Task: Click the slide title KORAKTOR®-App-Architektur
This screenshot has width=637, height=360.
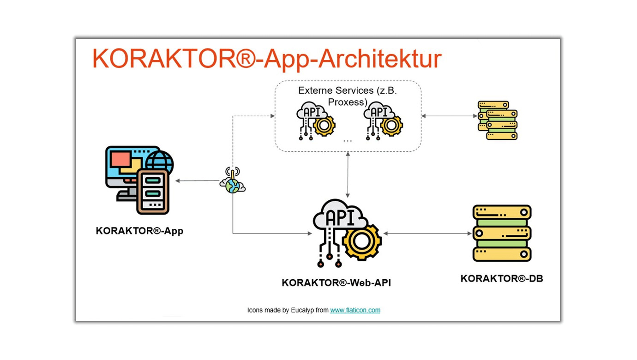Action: pos(267,59)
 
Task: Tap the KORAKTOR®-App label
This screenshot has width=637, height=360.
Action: pos(139,231)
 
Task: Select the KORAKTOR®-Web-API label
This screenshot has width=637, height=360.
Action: pos(336,283)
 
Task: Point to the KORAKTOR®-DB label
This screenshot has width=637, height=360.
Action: pos(501,278)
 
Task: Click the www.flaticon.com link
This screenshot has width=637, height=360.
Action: pos(355,310)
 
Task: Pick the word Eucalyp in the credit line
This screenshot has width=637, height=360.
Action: pos(302,310)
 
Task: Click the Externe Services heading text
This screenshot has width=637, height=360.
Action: pos(347,96)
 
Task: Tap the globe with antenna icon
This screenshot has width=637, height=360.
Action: pos(232,181)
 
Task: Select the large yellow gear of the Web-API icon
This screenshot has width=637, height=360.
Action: pos(362,240)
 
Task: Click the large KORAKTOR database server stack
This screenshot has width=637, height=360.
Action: pos(502,234)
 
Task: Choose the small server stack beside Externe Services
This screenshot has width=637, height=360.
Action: pos(497,120)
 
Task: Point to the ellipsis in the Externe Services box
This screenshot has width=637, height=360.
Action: pos(348,139)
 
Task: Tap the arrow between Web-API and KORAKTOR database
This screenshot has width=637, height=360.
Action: pos(427,234)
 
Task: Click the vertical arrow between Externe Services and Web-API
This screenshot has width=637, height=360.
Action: pos(348,175)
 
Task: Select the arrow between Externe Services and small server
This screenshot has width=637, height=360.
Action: pos(448,116)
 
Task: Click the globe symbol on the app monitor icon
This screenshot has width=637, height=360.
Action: pos(160,162)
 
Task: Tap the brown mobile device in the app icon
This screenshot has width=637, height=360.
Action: pos(153,191)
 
